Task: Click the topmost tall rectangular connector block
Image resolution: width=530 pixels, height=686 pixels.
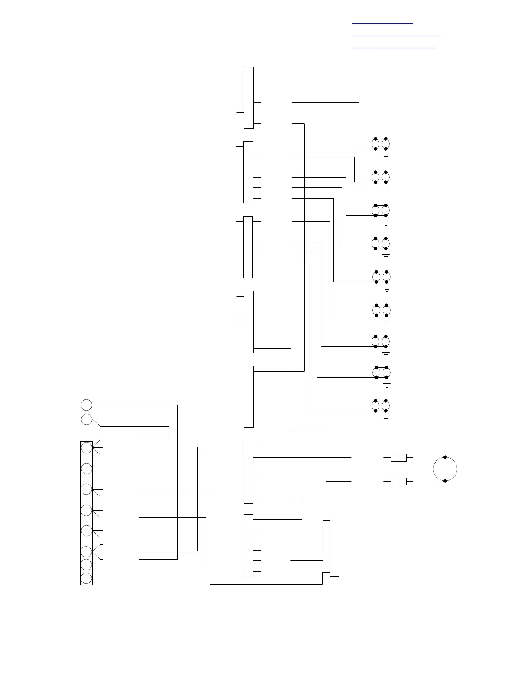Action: tap(249, 97)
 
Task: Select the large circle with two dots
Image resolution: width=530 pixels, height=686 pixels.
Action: tap(445, 469)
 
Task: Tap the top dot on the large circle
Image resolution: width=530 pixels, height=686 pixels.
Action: tap(445, 457)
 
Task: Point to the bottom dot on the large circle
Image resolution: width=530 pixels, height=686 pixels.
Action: tap(445, 480)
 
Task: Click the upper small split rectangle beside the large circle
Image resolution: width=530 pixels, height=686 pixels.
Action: tap(398, 457)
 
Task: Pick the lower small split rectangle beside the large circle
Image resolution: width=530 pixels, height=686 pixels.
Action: tap(398, 481)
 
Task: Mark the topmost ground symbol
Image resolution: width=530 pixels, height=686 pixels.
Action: tap(386, 155)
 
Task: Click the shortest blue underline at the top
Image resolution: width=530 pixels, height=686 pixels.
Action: tap(382, 23)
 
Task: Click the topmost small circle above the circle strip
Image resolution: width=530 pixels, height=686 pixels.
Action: tap(87, 405)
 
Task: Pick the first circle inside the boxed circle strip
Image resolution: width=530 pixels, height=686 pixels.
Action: tap(87, 447)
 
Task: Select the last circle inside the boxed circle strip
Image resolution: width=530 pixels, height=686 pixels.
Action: tap(87, 578)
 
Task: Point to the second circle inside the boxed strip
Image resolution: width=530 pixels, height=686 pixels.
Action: tap(87, 469)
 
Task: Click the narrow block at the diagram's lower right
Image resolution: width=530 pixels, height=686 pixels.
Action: tap(334, 546)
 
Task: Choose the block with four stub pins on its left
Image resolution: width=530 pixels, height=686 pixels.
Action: tap(249, 321)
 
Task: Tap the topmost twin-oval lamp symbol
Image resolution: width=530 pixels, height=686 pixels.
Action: tap(381, 144)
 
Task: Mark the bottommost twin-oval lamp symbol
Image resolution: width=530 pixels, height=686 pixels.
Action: tap(381, 405)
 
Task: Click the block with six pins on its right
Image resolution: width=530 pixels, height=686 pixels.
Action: tap(248, 545)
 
